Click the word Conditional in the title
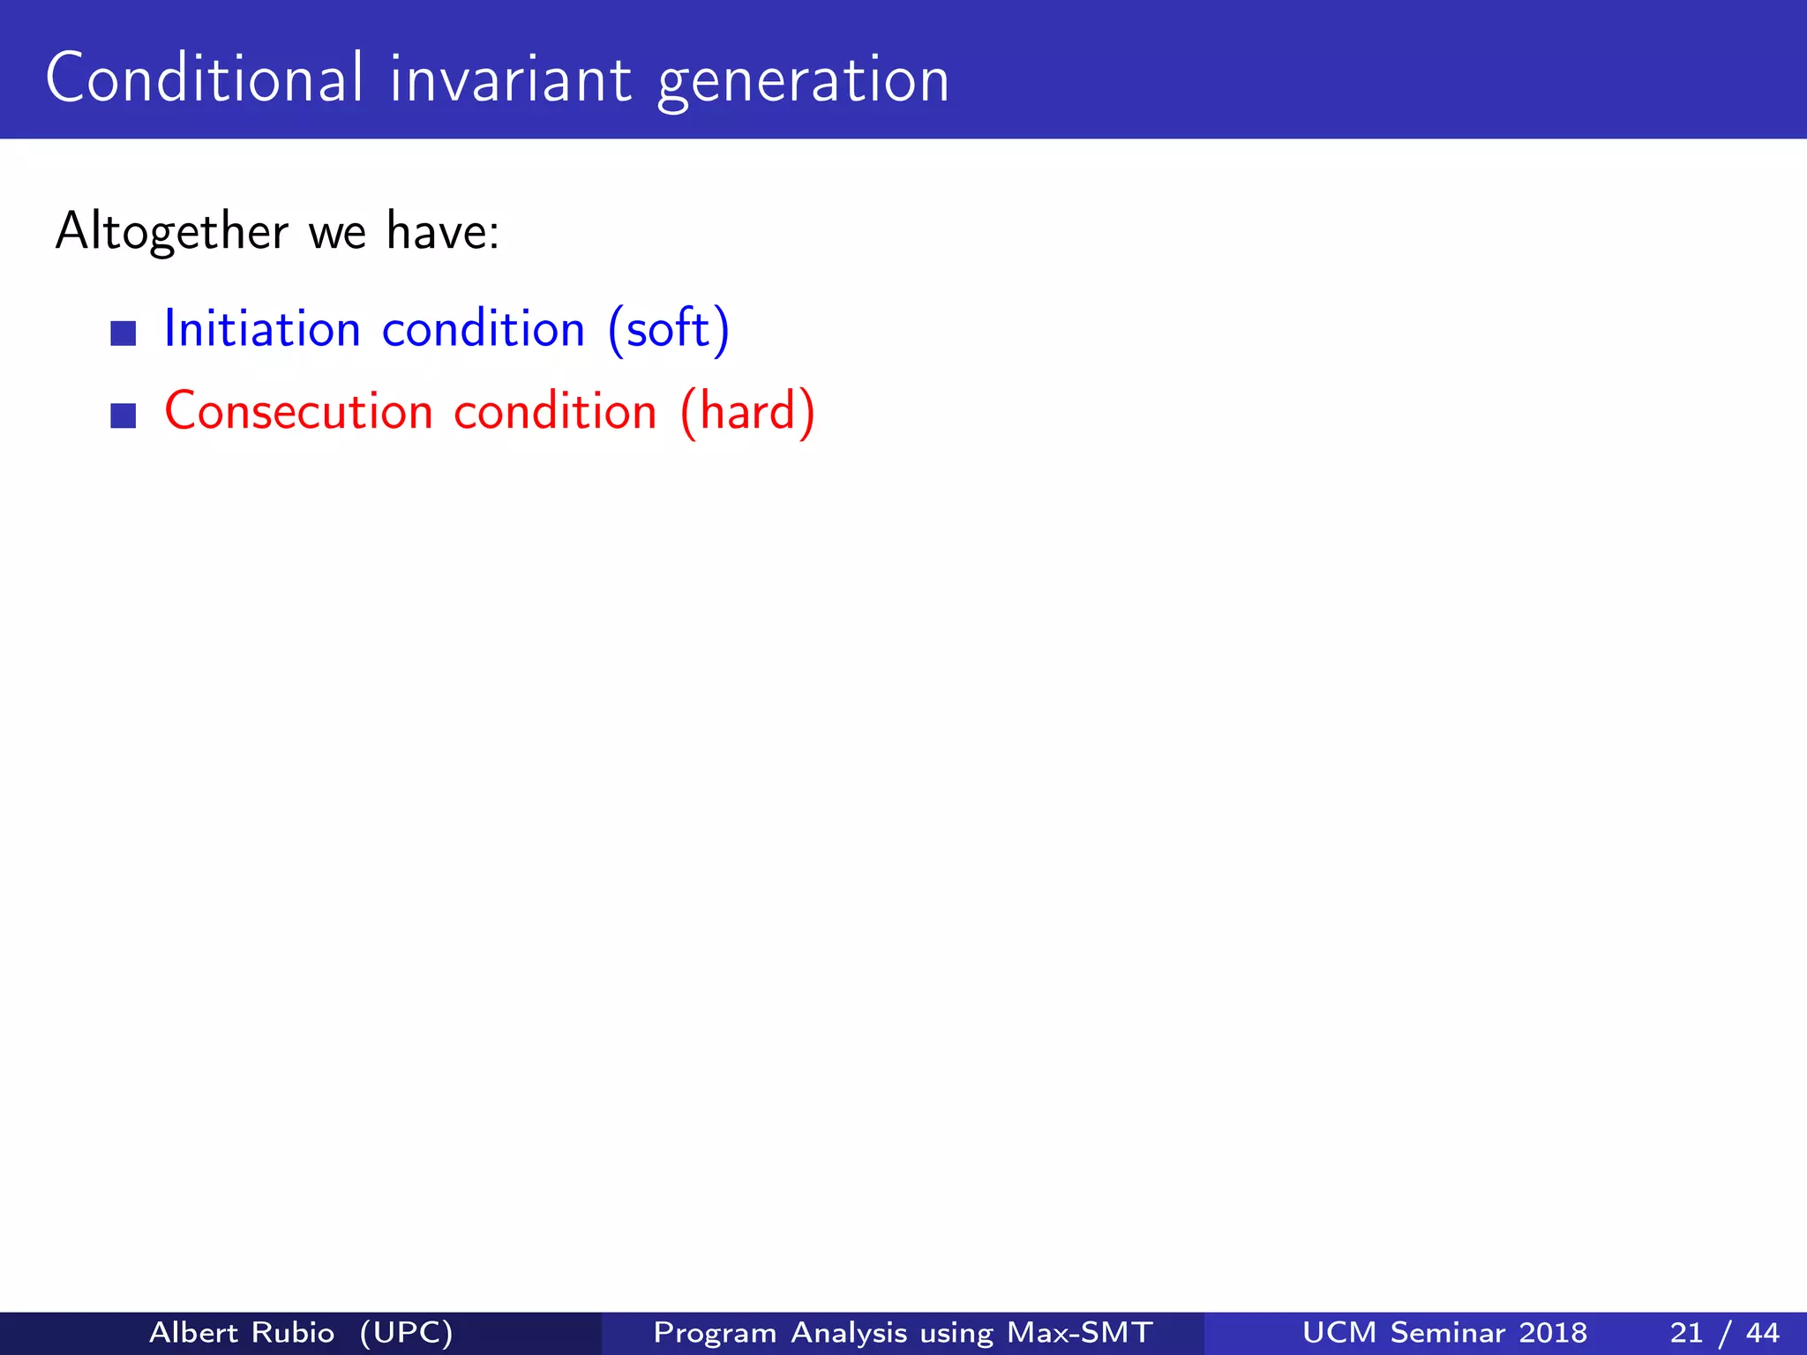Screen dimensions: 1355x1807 click(x=204, y=79)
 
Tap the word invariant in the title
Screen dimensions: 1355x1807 click(x=511, y=79)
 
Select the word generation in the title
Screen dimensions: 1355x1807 click(x=803, y=81)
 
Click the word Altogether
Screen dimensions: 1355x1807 click(x=171, y=232)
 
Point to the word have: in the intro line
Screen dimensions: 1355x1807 click(x=443, y=232)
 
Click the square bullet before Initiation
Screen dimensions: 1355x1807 click(x=124, y=333)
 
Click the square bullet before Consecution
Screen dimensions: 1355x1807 click(x=124, y=415)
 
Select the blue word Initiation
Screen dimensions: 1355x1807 click(x=262, y=329)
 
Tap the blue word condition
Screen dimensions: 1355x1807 click(x=484, y=329)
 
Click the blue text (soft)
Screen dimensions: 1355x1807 click(x=669, y=329)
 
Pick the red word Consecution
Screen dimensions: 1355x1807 click(x=298, y=412)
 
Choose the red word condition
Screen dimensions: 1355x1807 click(x=555, y=412)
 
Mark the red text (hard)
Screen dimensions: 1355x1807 click(x=747, y=412)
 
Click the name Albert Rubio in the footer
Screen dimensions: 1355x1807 click(x=242, y=1332)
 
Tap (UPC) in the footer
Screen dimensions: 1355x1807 click(x=407, y=1332)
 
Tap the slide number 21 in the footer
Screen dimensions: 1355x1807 click(x=1686, y=1332)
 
